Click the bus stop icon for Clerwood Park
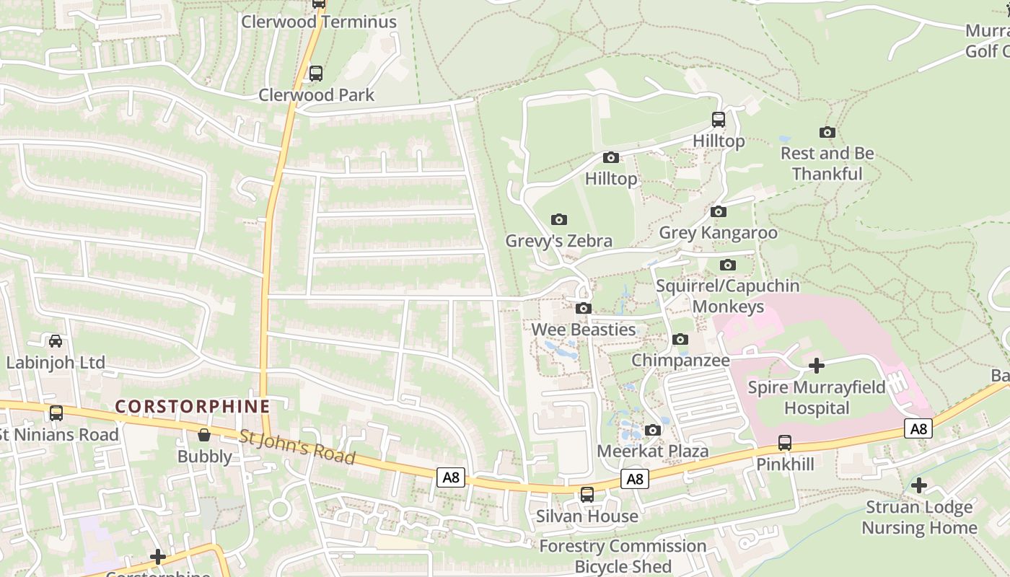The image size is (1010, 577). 315,74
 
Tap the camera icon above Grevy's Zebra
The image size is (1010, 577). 558,219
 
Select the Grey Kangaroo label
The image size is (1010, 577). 718,233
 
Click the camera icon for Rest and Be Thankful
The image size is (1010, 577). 827,132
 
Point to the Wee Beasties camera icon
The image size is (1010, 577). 583,309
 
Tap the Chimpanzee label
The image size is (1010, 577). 680,360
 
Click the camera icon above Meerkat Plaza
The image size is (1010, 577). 653,431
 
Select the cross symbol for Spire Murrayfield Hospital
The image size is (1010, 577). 816,366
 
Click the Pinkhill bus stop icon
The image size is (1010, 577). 785,443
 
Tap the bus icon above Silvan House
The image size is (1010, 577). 587,495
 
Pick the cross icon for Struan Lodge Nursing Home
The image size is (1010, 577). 918,485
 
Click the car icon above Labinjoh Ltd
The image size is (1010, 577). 56,341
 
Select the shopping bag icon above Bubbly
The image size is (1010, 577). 204,435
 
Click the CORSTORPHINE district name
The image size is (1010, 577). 193,407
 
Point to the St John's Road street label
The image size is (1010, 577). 297,447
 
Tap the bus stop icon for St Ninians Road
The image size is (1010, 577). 56,413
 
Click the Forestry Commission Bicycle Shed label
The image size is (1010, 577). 623,556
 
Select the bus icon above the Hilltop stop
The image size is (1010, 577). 718,120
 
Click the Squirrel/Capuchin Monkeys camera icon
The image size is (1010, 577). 728,265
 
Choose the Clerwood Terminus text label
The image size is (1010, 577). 318,22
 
